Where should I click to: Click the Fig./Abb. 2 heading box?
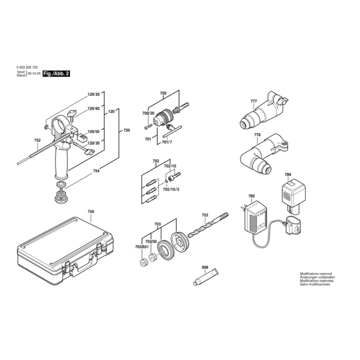coord(56,74)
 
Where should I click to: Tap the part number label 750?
coord(91,212)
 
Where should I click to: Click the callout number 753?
coord(205,215)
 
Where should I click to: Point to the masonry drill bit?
coord(208,225)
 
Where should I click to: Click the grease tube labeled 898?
coord(206,277)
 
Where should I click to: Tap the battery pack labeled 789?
coord(293,197)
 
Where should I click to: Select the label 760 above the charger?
coord(251,196)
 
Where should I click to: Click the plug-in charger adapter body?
coord(255,218)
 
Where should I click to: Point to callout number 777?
coord(254,101)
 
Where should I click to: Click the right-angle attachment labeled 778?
coord(264,153)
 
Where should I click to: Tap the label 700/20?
coord(148,113)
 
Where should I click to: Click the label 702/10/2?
coord(171,189)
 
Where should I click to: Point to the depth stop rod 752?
coord(43,149)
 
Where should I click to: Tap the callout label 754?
coord(96,171)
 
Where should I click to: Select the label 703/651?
coord(142,247)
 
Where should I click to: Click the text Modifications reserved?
coord(316,274)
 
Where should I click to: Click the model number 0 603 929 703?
coord(27,67)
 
